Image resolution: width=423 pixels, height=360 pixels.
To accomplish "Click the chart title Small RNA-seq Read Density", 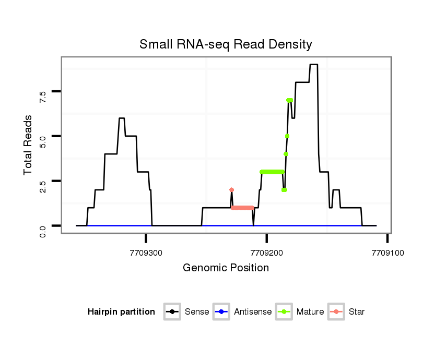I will [x=226, y=44].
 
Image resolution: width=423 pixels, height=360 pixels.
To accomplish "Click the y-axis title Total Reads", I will [x=29, y=145].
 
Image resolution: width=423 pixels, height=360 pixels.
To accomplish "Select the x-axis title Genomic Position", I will [x=226, y=268].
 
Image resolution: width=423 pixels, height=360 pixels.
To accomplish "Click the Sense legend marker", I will [x=172, y=312].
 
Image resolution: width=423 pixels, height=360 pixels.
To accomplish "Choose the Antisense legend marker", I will [x=221, y=312].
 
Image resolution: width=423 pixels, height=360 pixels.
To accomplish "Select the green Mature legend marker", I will [x=284, y=312].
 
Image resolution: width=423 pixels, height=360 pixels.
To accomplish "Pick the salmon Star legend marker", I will [x=336, y=312].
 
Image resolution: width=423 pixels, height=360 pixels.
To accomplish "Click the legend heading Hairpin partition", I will [x=121, y=312].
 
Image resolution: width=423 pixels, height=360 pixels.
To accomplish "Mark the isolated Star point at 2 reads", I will [x=231, y=190].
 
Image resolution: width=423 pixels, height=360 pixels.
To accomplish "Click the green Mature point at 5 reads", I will [x=287, y=136].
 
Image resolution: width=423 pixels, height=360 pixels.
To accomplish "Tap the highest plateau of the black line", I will [x=313, y=65].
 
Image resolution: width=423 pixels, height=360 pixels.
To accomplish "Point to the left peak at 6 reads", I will [x=122, y=118].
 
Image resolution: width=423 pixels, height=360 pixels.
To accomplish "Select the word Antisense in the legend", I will [x=253, y=312].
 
